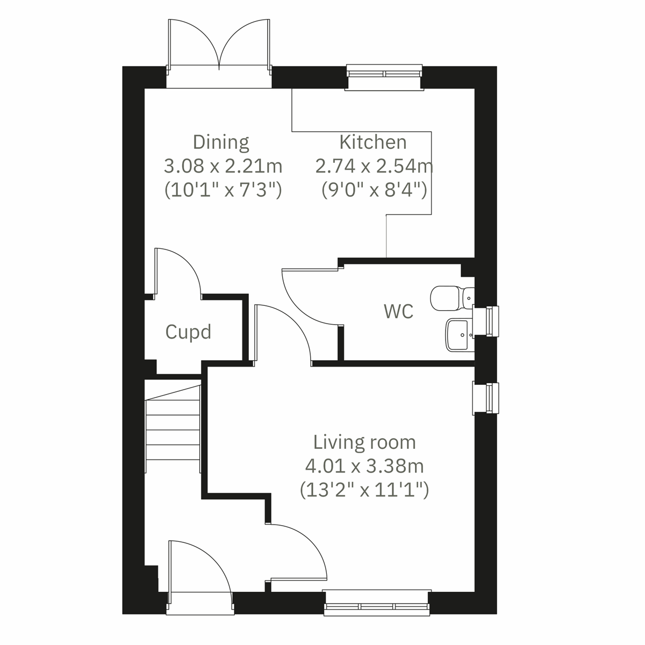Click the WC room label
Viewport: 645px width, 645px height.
[x=399, y=311]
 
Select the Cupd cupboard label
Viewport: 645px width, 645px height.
[x=188, y=332]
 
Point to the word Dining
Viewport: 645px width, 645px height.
[x=221, y=142]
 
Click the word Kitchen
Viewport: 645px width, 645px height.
[x=372, y=142]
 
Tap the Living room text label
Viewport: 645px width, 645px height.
[x=364, y=442]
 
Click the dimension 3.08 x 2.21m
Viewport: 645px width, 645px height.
[x=223, y=166]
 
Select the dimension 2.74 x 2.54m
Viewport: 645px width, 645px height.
[x=374, y=166]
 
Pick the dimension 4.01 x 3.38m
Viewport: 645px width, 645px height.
[x=364, y=465]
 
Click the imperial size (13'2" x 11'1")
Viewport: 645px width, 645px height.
[x=364, y=489]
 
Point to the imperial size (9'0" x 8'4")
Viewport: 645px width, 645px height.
[x=374, y=190]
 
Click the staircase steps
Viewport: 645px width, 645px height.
[x=173, y=428]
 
